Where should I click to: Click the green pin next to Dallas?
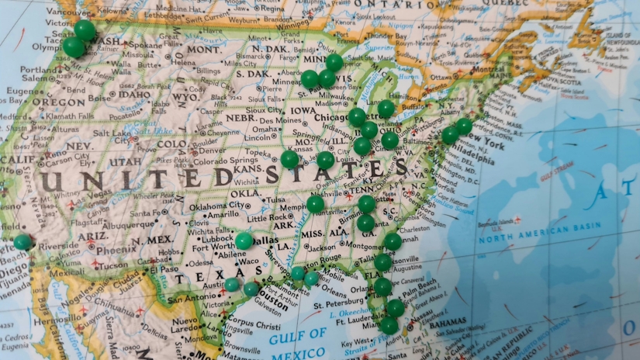coord(244,241)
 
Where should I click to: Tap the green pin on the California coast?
coord(22,242)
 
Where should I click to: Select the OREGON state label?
coord(59,102)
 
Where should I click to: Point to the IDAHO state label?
coord(134,95)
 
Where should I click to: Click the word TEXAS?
coord(199,280)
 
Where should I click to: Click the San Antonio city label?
coord(190,298)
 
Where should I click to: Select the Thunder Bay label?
coord(386,36)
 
